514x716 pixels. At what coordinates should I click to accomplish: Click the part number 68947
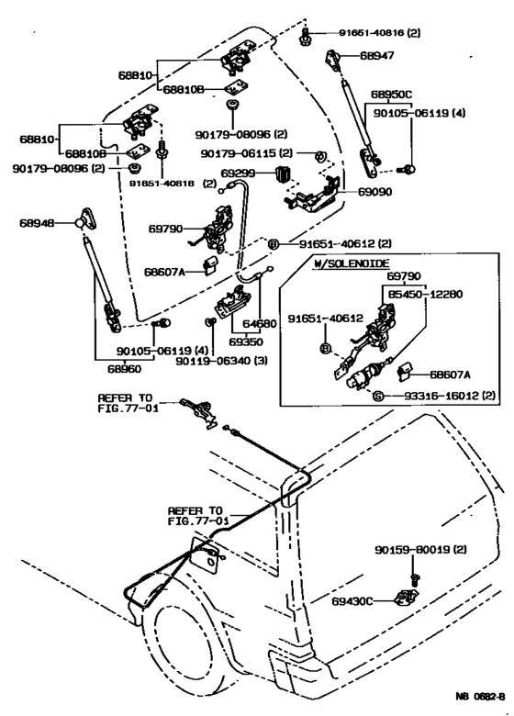[x=377, y=55]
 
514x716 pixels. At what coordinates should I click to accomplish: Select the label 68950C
[x=391, y=95]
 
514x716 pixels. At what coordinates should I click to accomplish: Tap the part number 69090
[x=374, y=192]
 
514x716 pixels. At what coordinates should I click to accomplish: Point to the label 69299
[x=238, y=173]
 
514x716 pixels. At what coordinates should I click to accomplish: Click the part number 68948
[x=37, y=223]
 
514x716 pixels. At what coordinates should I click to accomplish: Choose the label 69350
[x=246, y=342]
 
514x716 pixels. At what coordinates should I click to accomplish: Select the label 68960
[x=124, y=368]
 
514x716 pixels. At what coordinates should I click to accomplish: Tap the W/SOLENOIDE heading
[x=352, y=263]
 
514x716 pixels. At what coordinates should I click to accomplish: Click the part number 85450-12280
[x=425, y=294]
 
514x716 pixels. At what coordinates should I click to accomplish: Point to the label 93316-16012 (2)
[x=450, y=396]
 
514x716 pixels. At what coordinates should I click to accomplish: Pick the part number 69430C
[x=352, y=601]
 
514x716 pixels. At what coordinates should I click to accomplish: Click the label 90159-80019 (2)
[x=421, y=549]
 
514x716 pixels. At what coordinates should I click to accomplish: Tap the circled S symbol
[x=378, y=396]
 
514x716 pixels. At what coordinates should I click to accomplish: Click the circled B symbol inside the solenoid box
[x=325, y=349]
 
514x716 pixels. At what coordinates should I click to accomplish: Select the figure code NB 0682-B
[x=480, y=696]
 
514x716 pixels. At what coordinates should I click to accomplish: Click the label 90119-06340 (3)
[x=222, y=361]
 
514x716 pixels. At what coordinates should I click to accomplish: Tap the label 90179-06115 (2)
[x=247, y=153]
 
